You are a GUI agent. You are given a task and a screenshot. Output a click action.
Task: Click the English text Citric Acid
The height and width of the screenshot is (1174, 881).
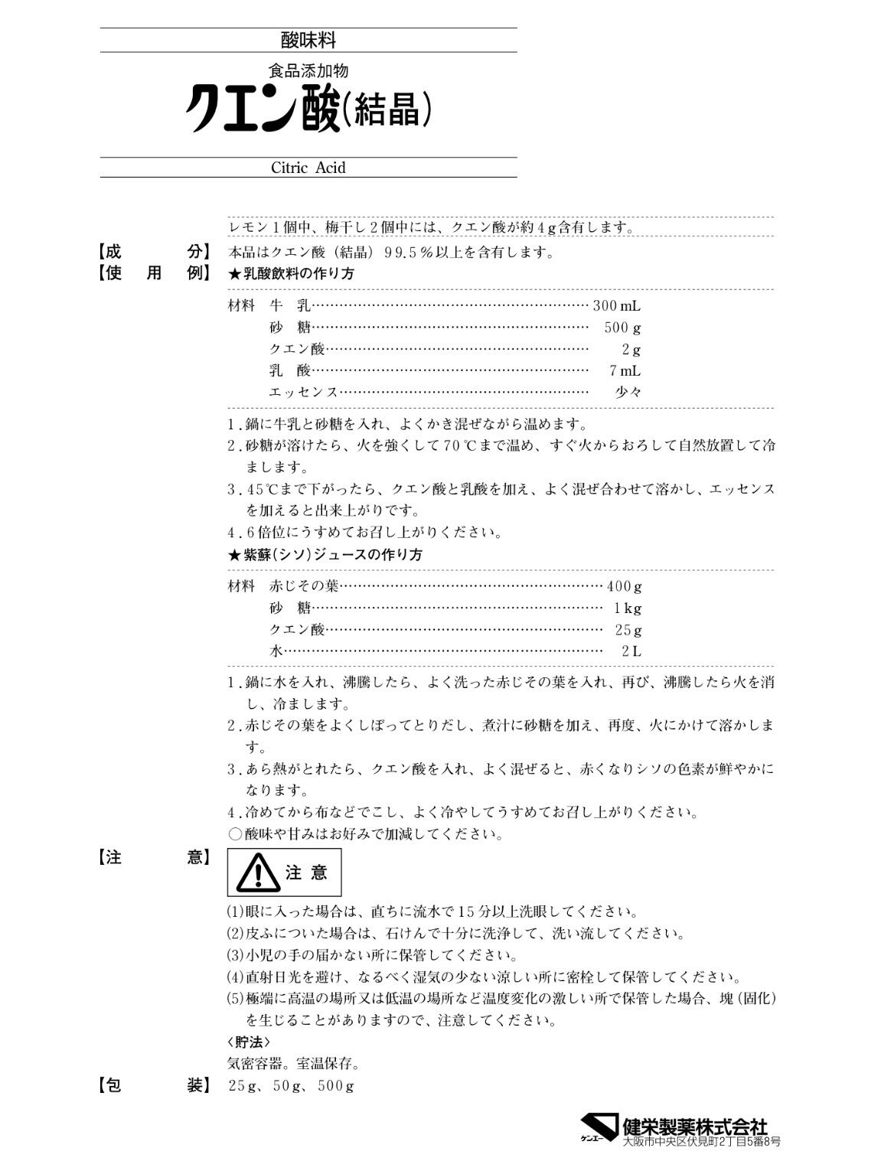[308, 168]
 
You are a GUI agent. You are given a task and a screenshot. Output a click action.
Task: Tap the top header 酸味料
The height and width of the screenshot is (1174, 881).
[308, 40]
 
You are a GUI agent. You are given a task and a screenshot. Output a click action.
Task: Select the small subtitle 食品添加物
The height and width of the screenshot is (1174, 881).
[308, 70]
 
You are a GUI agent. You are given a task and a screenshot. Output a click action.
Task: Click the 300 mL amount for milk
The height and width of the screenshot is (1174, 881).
[617, 306]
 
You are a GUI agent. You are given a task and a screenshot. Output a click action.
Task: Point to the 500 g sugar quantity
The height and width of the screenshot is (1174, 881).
[623, 328]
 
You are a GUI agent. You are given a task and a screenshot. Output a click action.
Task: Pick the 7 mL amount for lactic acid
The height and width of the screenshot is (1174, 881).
[625, 371]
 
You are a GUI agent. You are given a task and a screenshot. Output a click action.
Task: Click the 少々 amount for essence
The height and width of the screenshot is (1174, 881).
[628, 392]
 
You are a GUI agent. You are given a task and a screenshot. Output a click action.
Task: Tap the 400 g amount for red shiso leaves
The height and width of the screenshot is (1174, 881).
[624, 587]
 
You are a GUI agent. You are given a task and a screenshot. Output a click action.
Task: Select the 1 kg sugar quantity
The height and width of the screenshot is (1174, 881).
[628, 608]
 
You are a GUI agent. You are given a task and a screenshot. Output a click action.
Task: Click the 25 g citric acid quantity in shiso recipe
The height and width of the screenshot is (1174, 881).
[628, 630]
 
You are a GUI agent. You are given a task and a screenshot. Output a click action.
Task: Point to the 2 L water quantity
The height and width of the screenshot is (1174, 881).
[631, 651]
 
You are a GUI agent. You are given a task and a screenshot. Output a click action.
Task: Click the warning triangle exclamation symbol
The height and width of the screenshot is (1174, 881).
[257, 872]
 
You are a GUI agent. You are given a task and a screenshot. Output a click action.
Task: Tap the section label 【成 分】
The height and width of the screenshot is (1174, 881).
[153, 252]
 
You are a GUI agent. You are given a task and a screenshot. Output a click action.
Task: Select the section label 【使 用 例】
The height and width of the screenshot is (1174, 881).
[153, 273]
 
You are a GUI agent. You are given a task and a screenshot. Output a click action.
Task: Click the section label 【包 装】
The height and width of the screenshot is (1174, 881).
[153, 1085]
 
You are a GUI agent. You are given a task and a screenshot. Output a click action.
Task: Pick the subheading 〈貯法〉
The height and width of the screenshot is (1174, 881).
[249, 1042]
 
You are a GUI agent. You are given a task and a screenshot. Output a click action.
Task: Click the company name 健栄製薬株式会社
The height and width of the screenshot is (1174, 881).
[695, 1126]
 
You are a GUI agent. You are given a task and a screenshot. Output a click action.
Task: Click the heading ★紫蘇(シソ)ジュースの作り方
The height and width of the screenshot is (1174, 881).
[325, 555]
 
